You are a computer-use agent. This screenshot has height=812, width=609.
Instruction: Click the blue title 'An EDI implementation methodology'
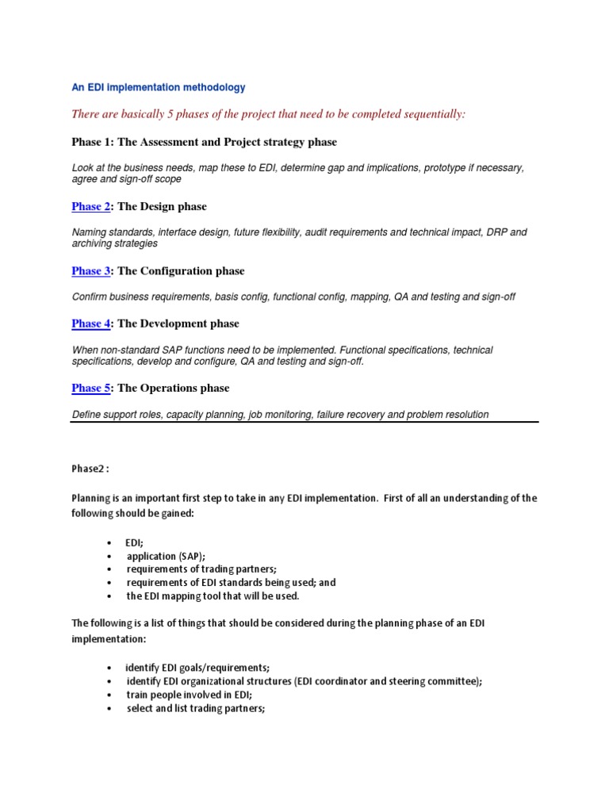tap(159, 88)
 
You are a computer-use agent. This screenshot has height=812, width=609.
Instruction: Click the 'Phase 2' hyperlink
tap(90, 207)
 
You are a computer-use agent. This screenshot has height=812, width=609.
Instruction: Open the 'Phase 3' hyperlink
tap(90, 271)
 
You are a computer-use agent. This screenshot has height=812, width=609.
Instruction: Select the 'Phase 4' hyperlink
tap(90, 324)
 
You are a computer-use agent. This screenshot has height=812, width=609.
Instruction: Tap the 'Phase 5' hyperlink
tap(90, 388)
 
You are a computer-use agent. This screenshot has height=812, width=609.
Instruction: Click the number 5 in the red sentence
tap(170, 115)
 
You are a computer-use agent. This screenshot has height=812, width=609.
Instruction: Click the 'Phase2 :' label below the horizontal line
tap(90, 469)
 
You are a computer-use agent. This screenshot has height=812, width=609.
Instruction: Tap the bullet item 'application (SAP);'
tap(166, 557)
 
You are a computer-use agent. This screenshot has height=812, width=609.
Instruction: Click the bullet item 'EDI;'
tap(134, 543)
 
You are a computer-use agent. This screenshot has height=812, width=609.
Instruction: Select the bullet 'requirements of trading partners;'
tap(205, 569)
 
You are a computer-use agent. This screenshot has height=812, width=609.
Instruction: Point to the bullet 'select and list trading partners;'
tap(195, 709)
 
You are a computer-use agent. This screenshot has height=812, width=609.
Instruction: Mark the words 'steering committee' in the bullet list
tap(432, 682)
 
